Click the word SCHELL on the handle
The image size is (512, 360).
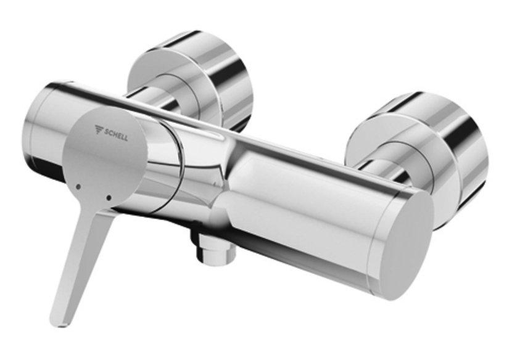117,134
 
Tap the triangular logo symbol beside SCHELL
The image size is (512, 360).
99,130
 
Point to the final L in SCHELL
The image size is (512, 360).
126,137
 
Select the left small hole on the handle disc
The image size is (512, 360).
78,186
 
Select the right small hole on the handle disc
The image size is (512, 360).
109,198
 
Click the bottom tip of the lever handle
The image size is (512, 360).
58,319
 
